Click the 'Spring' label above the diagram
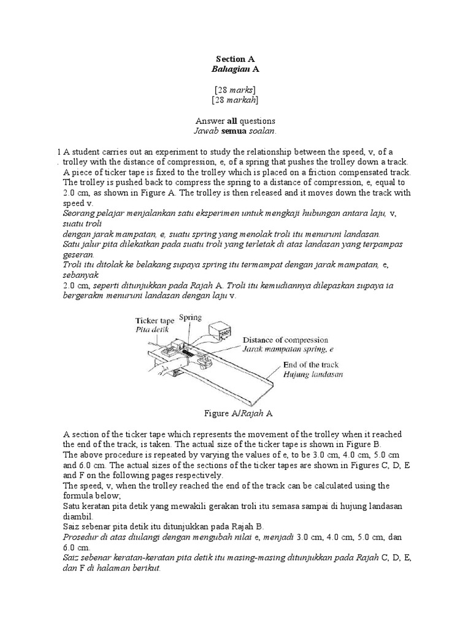(x=190, y=318)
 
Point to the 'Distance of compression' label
(x=285, y=340)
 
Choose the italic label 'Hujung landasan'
(x=313, y=373)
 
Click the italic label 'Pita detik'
(x=151, y=329)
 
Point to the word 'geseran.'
(x=79, y=254)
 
